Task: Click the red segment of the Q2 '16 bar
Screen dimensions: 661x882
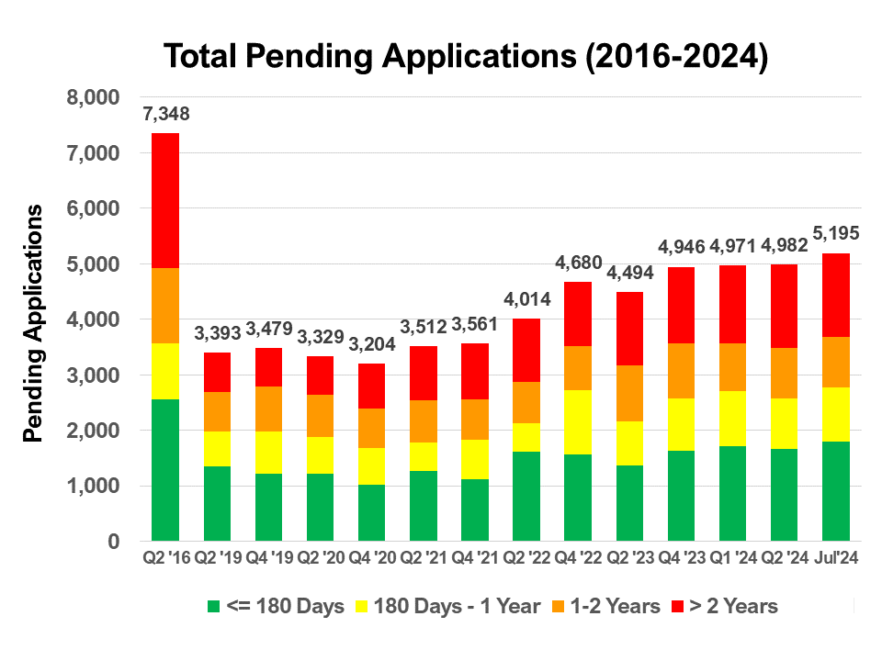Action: click(165, 200)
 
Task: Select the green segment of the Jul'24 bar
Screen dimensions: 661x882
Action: click(835, 491)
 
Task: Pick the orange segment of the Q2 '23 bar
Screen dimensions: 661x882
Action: click(629, 393)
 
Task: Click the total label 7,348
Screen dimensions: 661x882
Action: click(165, 115)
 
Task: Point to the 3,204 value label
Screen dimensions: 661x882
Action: click(371, 345)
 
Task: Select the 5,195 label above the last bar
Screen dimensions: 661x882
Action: click(835, 235)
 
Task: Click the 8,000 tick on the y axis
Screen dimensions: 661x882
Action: click(94, 97)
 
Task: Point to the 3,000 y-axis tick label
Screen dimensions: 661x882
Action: click(94, 375)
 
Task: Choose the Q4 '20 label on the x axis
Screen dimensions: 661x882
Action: click(371, 557)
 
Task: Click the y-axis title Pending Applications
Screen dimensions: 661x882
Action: click(34, 323)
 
